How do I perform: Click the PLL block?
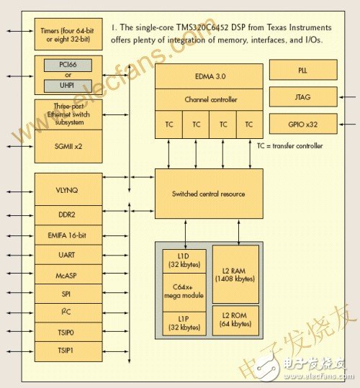click(303, 70)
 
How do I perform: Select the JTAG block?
click(303, 96)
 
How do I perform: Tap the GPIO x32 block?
click(303, 124)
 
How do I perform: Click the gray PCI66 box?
click(68, 65)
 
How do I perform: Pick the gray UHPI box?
click(68, 86)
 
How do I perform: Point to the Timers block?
click(68, 34)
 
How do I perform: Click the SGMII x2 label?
click(68, 147)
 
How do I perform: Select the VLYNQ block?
click(68, 189)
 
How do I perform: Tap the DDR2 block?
click(68, 215)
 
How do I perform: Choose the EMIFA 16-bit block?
click(68, 235)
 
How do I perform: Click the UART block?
click(68, 255)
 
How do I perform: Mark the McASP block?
click(68, 274)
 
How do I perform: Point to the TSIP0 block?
click(68, 332)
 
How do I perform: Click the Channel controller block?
click(209, 99)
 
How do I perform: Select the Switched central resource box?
click(209, 194)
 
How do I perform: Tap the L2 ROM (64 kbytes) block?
click(235, 320)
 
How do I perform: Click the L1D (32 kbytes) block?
click(184, 261)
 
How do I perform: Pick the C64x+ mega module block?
click(184, 292)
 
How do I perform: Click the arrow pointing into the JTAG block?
click(347, 97)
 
